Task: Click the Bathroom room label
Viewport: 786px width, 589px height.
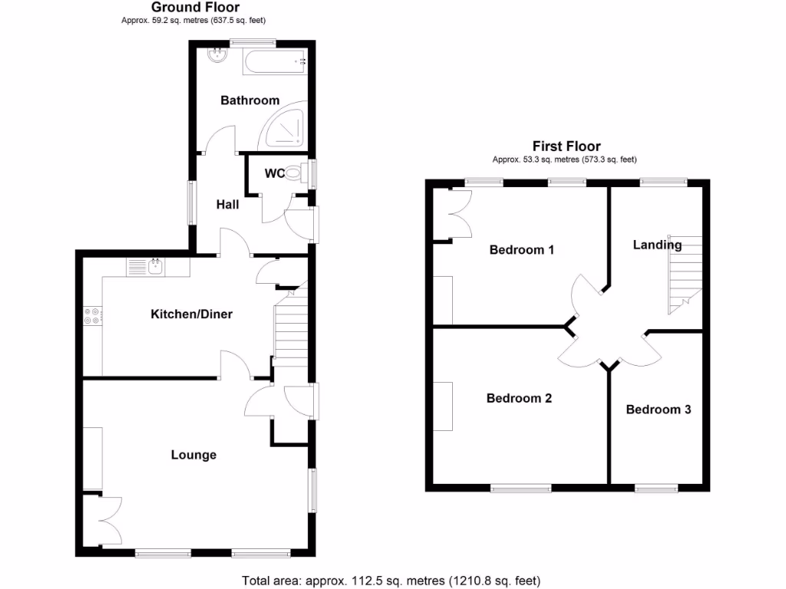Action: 249,100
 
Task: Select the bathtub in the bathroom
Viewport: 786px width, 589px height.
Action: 275,61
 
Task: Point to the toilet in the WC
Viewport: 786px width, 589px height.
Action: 300,172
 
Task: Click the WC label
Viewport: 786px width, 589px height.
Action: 275,173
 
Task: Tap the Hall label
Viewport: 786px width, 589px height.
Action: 227,205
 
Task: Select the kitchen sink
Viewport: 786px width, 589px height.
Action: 155,266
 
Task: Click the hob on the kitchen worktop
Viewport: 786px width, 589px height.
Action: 92,316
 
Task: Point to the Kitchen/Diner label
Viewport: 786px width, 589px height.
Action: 191,314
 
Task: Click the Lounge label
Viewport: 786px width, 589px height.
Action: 193,455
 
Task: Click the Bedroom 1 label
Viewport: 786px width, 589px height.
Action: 522,250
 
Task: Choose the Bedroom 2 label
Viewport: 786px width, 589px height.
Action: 519,399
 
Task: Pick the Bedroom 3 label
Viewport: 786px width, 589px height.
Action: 658,410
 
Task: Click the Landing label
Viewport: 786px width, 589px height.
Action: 656,245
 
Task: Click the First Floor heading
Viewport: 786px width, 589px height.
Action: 566,146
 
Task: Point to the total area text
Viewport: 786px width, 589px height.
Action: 391,580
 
